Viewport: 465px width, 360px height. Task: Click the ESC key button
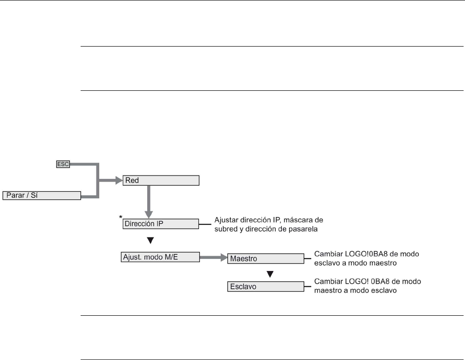pyautogui.click(x=63, y=164)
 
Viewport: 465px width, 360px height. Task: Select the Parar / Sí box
pyautogui.click(x=42, y=196)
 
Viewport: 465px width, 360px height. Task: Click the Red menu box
pyautogui.click(x=161, y=180)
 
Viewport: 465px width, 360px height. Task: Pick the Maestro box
pyautogui.click(x=266, y=259)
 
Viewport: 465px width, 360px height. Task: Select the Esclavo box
pyautogui.click(x=266, y=287)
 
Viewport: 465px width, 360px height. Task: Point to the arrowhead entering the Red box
pyautogui.click(x=119, y=180)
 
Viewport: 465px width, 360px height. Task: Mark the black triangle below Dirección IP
pyautogui.click(x=150, y=241)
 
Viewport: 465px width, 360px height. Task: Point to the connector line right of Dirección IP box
pyautogui.click(x=205, y=224)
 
